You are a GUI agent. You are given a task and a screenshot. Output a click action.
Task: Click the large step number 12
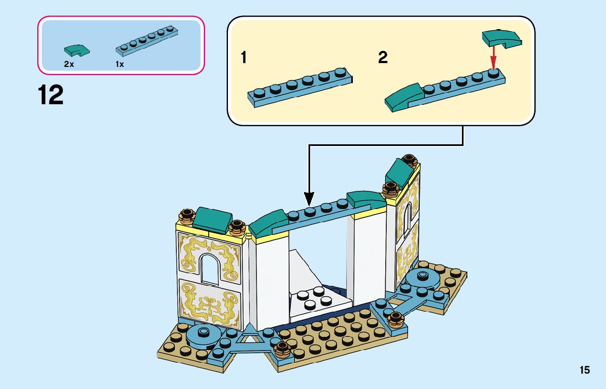50,95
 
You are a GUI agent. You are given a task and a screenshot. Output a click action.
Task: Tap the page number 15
585,370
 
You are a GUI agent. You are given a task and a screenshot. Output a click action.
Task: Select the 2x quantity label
69,64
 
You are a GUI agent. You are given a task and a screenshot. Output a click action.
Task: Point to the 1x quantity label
120,64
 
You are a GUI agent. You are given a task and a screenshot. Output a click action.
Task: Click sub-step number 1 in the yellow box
243,58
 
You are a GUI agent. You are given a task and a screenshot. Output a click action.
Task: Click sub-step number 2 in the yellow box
382,58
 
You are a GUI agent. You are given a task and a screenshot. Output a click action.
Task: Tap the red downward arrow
493,56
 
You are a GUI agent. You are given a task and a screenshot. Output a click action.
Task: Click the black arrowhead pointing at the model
309,199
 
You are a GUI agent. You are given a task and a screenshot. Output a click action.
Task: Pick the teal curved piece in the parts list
77,50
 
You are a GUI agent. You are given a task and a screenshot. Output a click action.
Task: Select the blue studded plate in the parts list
147,40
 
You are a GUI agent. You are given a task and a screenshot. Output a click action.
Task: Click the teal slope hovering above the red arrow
502,39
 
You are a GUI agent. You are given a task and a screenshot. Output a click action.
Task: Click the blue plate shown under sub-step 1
300,87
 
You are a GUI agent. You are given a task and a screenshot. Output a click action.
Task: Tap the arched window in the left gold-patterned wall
209,269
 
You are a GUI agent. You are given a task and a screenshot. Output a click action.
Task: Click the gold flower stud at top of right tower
409,160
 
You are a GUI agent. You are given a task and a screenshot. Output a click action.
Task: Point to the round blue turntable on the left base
203,335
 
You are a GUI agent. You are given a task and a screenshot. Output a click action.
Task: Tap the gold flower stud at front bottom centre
282,349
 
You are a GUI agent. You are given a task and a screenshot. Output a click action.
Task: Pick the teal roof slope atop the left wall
212,220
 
